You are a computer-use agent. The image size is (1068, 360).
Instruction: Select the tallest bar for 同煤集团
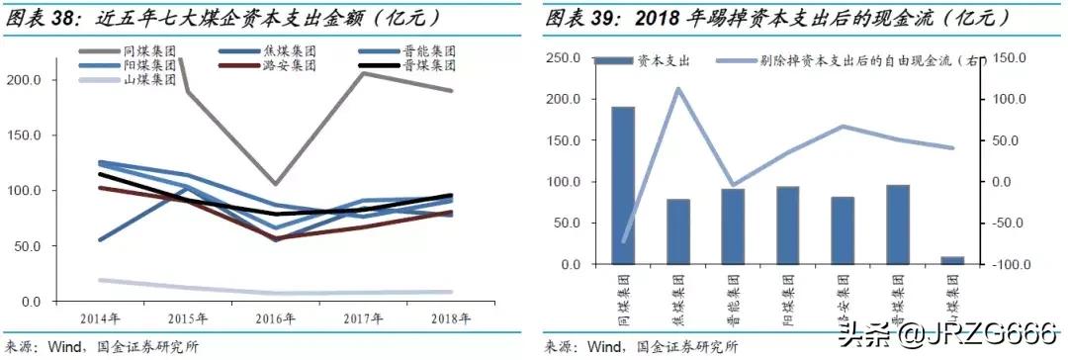click(x=622, y=185)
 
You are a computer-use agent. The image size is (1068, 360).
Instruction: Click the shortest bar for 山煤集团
click(x=951, y=260)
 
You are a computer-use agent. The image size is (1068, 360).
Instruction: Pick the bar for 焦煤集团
click(x=677, y=231)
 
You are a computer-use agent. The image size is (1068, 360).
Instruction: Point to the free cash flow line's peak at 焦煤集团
click(x=677, y=89)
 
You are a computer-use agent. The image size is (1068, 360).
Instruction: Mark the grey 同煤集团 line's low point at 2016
click(x=275, y=184)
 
